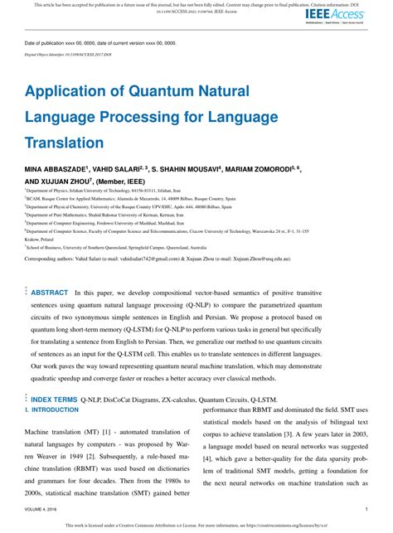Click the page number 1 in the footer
click(366, 508)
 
